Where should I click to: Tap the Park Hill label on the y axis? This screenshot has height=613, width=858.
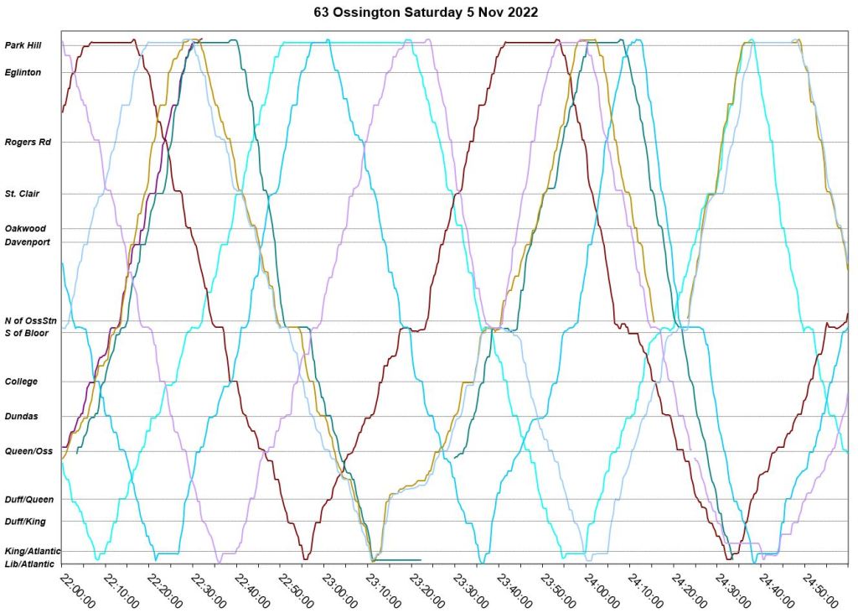click(23, 45)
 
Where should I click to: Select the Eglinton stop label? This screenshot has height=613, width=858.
click(23, 73)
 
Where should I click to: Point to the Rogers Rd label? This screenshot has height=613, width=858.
click(28, 143)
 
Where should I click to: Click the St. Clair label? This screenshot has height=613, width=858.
click(23, 194)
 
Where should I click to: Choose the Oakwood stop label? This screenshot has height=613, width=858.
click(25, 228)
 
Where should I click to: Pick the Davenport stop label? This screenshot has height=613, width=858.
click(28, 242)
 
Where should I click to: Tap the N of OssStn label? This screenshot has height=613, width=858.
click(30, 321)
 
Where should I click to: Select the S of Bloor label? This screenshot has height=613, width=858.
click(27, 333)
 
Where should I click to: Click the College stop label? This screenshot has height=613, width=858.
click(21, 382)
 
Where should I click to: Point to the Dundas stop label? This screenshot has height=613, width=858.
click(22, 416)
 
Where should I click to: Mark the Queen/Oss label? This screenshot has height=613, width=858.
click(28, 451)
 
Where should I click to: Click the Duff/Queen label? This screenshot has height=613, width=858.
click(29, 500)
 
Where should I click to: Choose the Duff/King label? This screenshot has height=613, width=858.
click(26, 522)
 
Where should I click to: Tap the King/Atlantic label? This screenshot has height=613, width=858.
click(32, 551)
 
